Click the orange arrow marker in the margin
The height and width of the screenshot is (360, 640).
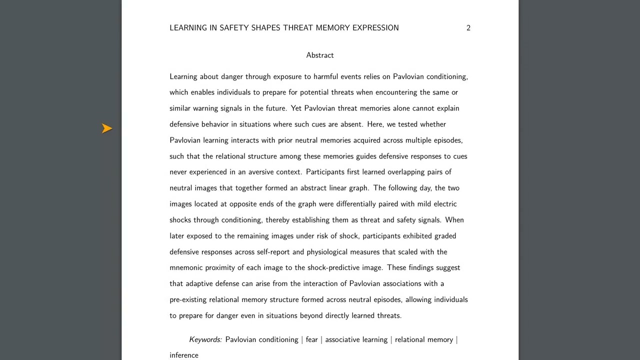pos(106,128)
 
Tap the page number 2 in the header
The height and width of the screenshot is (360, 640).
pos(468,28)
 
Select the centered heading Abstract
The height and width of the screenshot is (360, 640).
pos(320,55)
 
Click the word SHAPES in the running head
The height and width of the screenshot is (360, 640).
pos(266,28)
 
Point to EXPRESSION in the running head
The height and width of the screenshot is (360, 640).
pos(375,28)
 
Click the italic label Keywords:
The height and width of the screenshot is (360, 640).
pos(205,339)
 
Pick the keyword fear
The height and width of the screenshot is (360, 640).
pos(311,339)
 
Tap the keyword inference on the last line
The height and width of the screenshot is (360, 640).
pos(184,355)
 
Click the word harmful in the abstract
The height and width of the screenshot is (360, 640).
pos(326,76)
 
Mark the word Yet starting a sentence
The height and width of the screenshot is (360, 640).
pos(296,108)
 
